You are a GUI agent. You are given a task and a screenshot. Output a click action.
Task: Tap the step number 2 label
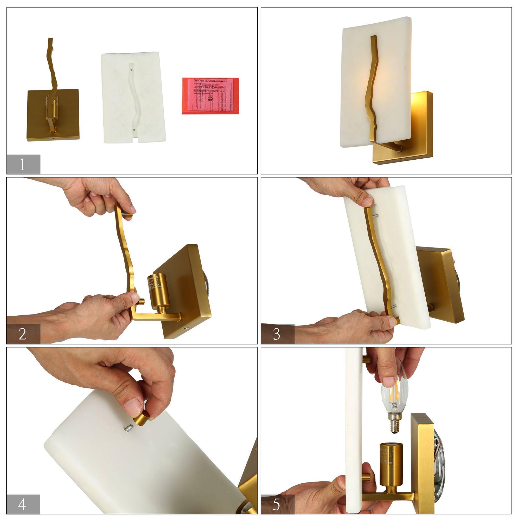tap(23, 334)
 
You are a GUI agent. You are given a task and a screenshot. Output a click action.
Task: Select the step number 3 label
tap(277, 334)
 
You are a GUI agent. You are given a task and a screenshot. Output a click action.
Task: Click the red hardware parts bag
tap(210, 96)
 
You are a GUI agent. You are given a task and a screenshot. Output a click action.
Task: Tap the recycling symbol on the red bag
tap(210, 98)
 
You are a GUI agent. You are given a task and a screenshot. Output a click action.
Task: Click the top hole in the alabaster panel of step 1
tap(131, 69)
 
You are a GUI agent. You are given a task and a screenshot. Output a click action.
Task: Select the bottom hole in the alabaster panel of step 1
tap(134, 129)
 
